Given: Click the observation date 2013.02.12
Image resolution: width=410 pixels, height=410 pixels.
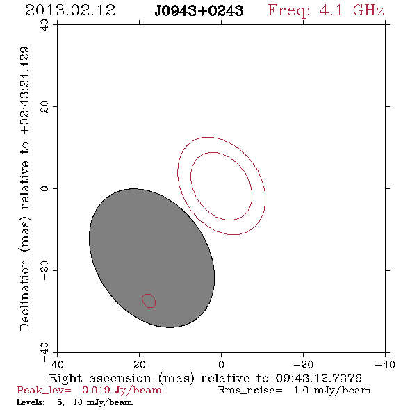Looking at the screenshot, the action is point(71,10).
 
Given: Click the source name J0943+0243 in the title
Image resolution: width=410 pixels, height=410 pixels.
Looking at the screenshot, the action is point(199,11).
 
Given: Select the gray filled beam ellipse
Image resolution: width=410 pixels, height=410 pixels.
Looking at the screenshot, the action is point(152,258).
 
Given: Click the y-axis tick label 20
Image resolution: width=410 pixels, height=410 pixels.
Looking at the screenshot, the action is point(44,107).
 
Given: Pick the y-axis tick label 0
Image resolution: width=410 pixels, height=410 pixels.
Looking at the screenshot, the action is point(44,188).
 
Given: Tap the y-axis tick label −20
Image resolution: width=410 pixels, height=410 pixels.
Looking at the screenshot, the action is point(44,270).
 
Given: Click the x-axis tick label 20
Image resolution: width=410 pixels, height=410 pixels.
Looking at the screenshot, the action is point(140,364).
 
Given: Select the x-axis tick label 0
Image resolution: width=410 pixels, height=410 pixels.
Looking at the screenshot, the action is point(222,364).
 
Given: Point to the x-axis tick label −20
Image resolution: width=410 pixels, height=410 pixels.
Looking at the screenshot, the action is point(303,364).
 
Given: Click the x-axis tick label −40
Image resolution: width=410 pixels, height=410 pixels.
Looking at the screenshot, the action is point(385,364).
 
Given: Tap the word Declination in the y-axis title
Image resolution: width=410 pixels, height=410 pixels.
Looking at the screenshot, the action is point(24,295).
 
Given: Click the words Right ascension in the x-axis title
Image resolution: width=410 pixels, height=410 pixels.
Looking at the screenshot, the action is point(100,378).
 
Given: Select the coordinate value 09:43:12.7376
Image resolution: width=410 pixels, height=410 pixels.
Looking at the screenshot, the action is point(318,378).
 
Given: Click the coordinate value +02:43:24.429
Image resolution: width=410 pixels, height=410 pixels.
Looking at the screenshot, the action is point(25,91).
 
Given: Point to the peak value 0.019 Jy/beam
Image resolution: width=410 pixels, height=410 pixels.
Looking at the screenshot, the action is point(122,391).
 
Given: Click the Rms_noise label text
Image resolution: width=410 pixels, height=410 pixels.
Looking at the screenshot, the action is point(250,391).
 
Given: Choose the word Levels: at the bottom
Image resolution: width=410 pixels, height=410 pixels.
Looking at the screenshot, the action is point(31,402).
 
